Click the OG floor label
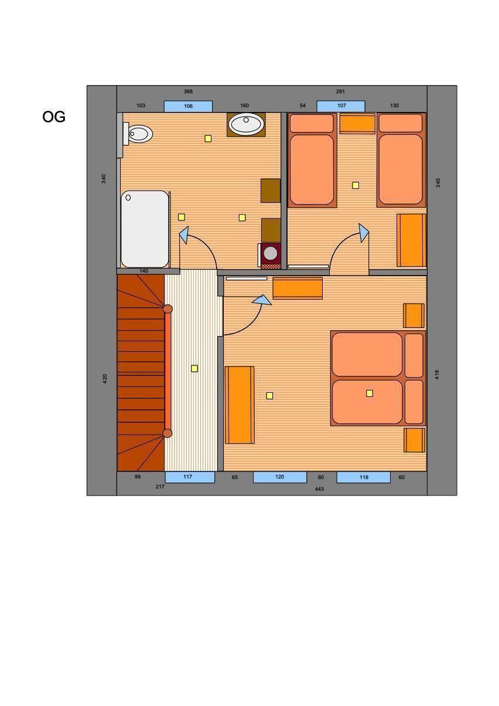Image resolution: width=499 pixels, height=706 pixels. (x=54, y=117)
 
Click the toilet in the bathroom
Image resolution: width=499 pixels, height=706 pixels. (x=138, y=134)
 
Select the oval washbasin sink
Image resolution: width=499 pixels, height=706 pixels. (x=246, y=124)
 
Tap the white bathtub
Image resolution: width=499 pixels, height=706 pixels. (x=145, y=229)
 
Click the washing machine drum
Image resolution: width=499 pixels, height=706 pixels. (x=271, y=253)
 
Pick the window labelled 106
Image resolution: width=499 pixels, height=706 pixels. (x=188, y=106)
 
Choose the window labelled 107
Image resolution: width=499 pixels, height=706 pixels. (x=341, y=106)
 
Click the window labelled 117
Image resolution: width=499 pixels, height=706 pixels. (x=190, y=477)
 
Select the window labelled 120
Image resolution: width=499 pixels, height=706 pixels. (x=280, y=477)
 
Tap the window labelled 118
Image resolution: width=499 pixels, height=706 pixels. (x=364, y=477)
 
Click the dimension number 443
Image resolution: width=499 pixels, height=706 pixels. (x=319, y=489)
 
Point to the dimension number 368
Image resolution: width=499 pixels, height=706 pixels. (x=188, y=91)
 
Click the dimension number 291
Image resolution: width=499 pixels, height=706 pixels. (x=340, y=91)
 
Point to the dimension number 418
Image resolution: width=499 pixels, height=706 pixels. (x=437, y=375)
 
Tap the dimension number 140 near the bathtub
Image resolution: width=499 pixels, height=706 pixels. (x=144, y=271)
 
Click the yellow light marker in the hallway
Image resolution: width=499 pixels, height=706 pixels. (x=194, y=368)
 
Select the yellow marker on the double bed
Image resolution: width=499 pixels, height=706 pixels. (x=370, y=393)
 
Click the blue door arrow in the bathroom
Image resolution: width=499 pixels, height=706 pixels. (x=184, y=234)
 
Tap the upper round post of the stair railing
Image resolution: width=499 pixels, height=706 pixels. (x=168, y=309)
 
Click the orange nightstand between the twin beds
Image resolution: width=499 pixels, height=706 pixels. (x=357, y=124)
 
